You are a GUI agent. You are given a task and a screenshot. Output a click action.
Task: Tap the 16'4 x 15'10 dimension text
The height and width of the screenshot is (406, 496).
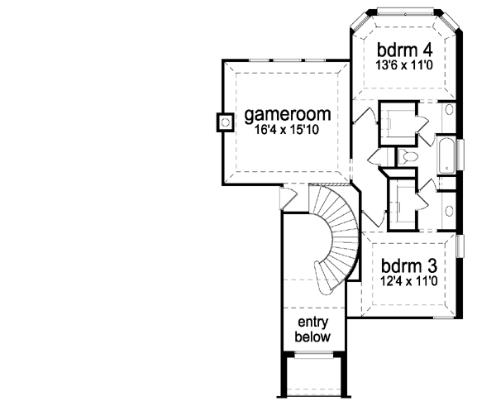(283, 130)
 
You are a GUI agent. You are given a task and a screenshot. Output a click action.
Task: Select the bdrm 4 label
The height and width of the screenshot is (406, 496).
(405, 47)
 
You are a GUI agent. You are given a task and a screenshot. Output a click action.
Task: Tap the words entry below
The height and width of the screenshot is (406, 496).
(312, 330)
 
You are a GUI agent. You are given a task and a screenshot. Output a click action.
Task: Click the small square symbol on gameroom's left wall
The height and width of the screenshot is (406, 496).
(222, 122)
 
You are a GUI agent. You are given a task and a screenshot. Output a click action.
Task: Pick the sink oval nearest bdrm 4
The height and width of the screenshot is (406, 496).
(448, 110)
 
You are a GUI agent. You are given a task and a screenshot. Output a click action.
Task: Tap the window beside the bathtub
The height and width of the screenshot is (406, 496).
(462, 155)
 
